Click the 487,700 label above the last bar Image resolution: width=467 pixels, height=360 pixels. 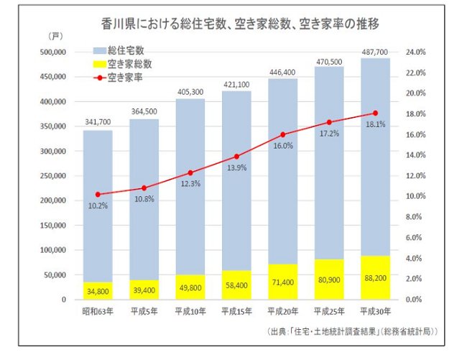pos(375,52)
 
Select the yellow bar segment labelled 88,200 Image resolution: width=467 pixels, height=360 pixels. pos(375,277)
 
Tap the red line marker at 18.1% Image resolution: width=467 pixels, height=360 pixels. pos(375,114)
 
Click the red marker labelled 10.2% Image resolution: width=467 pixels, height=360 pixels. pos(97,194)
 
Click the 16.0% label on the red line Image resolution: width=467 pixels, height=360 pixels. pos(283,146)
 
